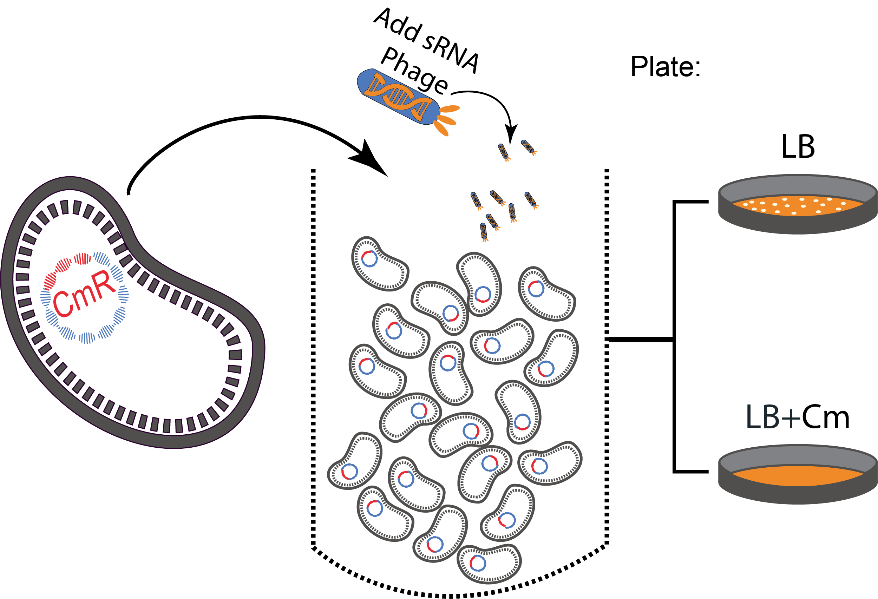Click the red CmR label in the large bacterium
tap(84, 294)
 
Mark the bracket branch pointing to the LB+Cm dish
tap(692, 471)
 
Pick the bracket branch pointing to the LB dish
tap(692, 202)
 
